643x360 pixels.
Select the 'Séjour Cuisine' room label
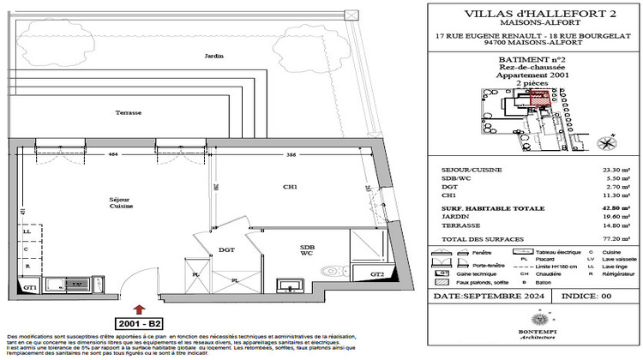tap(120, 202)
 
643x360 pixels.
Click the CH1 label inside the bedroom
tap(291, 187)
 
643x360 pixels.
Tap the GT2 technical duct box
tap(377, 274)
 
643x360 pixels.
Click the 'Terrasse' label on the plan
tap(129, 112)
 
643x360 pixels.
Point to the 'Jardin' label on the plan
tap(213, 56)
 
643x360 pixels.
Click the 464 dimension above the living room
tap(113, 154)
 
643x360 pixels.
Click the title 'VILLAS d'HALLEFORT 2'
tap(534, 14)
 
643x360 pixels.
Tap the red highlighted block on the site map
tap(539, 97)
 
